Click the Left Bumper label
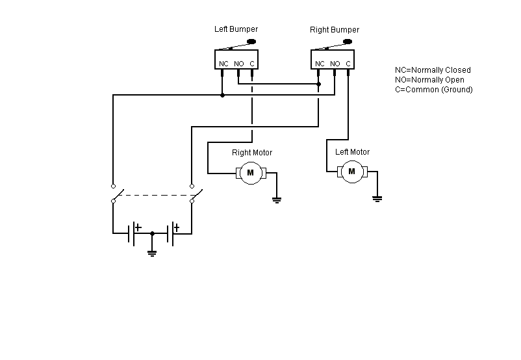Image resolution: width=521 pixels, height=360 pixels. tap(236, 29)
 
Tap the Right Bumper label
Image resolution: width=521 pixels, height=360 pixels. tap(335, 30)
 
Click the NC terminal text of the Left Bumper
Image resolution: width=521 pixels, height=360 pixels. tap(223, 64)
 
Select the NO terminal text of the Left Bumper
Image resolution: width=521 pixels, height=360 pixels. tap(239, 64)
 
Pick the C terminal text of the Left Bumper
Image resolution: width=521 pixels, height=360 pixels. tap(252, 64)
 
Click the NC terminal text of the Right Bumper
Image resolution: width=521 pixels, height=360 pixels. tap(320, 64)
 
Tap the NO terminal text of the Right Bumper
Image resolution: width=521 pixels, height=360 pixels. tap(335, 64)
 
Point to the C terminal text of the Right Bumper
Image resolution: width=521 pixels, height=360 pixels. tap(348, 64)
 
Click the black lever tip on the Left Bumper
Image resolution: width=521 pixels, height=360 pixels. tap(251, 42)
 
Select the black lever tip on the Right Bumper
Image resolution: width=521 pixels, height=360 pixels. tap(348, 42)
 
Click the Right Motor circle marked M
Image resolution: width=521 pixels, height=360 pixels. tap(251, 173)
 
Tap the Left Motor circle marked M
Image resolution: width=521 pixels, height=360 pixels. tap(352, 172)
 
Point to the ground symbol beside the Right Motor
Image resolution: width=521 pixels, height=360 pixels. tap(277, 199)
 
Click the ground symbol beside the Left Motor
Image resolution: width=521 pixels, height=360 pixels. tap(377, 199)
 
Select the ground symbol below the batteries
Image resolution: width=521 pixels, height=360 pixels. tap(152, 253)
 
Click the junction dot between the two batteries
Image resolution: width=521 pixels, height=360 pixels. tap(152, 233)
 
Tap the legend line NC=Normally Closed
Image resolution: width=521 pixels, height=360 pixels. tap(433, 70)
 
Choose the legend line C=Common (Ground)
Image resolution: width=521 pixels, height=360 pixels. tap(433, 90)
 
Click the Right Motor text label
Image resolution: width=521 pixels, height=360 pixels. tap(252, 153)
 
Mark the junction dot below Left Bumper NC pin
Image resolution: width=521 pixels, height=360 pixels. tap(222, 95)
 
